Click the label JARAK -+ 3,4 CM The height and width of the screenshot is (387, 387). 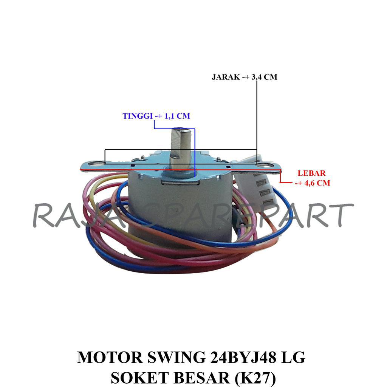[244, 77]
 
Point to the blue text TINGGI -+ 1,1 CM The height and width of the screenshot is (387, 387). [156, 116]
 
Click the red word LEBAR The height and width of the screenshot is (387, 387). [311, 173]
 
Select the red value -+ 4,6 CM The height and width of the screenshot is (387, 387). [312, 183]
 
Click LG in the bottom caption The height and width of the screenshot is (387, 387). [294, 358]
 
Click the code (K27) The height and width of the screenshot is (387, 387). [255, 377]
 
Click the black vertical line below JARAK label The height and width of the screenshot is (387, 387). [257, 121]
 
